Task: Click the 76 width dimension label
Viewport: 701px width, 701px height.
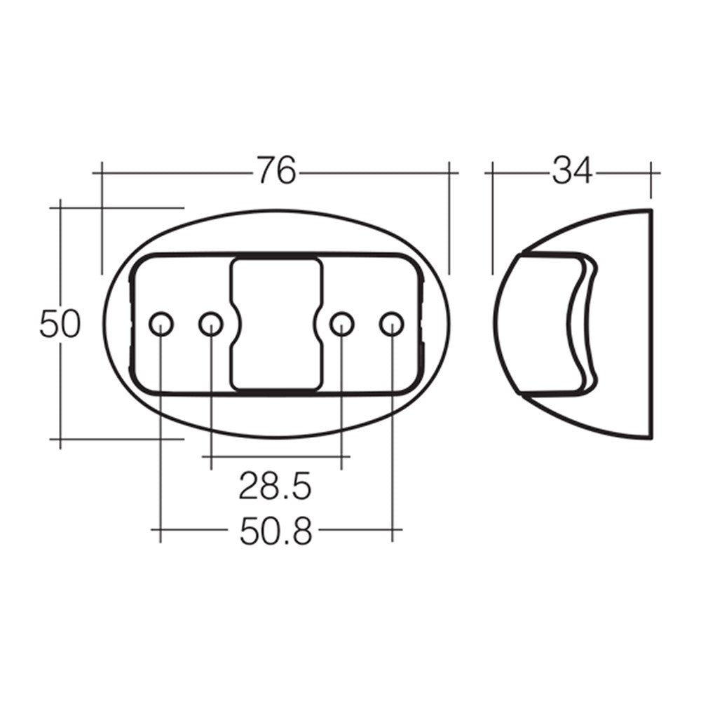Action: pyautogui.click(x=275, y=171)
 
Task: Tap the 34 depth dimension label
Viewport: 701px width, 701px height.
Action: pyautogui.click(x=572, y=171)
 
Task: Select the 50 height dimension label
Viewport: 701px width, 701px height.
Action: pyautogui.click(x=60, y=325)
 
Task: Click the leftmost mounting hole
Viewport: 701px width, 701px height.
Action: pyautogui.click(x=161, y=324)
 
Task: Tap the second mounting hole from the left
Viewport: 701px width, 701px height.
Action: pyautogui.click(x=210, y=324)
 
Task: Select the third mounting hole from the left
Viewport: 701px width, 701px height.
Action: pyautogui.click(x=341, y=324)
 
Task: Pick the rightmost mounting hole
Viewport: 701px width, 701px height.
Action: pyautogui.click(x=391, y=324)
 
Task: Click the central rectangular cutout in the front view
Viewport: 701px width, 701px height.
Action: pyautogui.click(x=276, y=323)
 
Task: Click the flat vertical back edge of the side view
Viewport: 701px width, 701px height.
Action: pyautogui.click(x=651, y=323)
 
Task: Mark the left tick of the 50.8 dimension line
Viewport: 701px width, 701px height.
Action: pyautogui.click(x=161, y=530)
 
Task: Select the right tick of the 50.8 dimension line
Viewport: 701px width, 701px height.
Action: pyautogui.click(x=392, y=530)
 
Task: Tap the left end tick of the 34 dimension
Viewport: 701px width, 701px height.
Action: pyautogui.click(x=493, y=172)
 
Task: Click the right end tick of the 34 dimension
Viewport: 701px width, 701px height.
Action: pyautogui.click(x=651, y=172)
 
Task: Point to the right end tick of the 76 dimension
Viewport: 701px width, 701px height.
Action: pyautogui.click(x=449, y=172)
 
